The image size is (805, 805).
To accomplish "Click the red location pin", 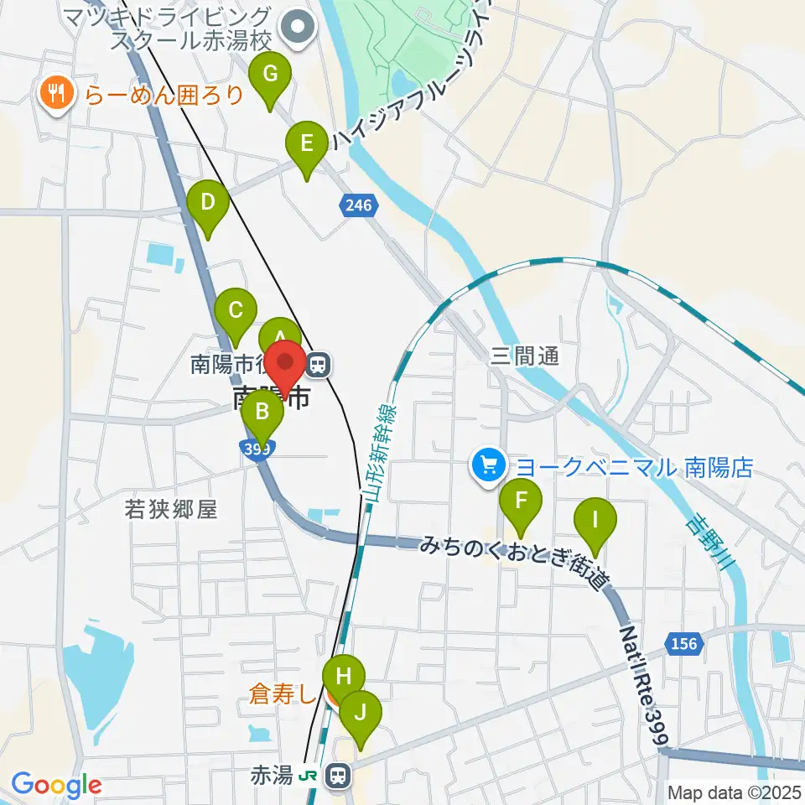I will point(285,367).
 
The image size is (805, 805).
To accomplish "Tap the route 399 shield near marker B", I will point(255,449).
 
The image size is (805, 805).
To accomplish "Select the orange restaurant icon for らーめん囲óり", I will point(56,92).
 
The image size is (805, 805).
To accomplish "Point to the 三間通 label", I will point(524,357).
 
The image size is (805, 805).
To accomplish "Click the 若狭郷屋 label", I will point(170,509).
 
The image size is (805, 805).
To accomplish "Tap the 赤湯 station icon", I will point(338,775).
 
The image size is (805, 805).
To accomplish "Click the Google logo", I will point(56,786).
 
